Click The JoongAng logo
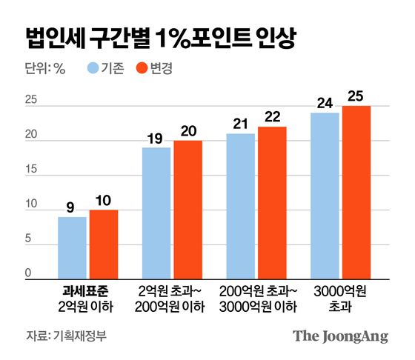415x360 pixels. click(339, 336)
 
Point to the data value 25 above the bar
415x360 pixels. click(356, 95)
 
